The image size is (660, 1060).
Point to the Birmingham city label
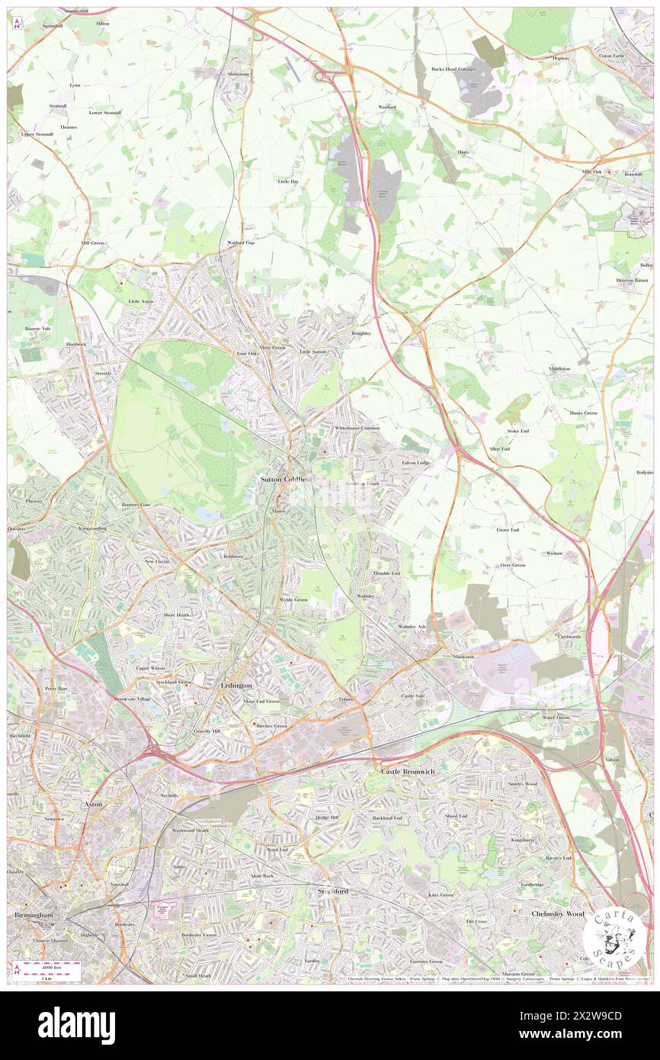pos(34,914)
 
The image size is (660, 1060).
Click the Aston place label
pos(91,804)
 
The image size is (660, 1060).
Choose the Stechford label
pos(332,890)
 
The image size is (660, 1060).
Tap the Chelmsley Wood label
pos(557,914)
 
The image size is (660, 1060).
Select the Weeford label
pos(387,107)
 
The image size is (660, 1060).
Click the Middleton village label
pos(559,368)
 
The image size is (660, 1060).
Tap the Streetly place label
pos(103,373)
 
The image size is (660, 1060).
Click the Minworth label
pos(463,657)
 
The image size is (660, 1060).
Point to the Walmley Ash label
pos(412,627)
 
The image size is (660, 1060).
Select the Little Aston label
pos(140,302)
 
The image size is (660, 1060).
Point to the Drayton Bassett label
pos(633,280)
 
